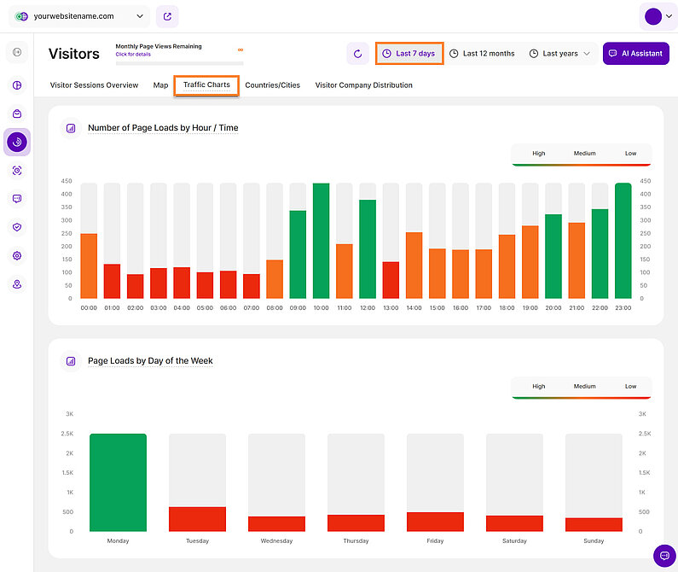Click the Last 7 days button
pos(409,54)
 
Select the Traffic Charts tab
pos(206,85)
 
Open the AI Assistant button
pos(636,54)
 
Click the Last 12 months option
pos(482,54)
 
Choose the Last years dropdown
pos(559,54)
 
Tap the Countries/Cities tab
pos(272,85)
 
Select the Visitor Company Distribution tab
pos(363,85)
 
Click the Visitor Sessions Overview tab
pos(94,85)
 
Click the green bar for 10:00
pos(321,241)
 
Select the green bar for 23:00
pos(623,241)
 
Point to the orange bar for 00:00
pos(89,266)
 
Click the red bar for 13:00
pos(391,280)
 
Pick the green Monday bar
pos(118,482)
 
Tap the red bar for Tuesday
pos(197,519)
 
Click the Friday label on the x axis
pos(435,541)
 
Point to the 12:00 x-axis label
pos(368,308)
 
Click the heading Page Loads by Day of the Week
pos(150,361)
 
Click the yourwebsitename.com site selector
pos(80,16)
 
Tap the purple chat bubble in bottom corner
pos(664,556)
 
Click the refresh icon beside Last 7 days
pos(357,54)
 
